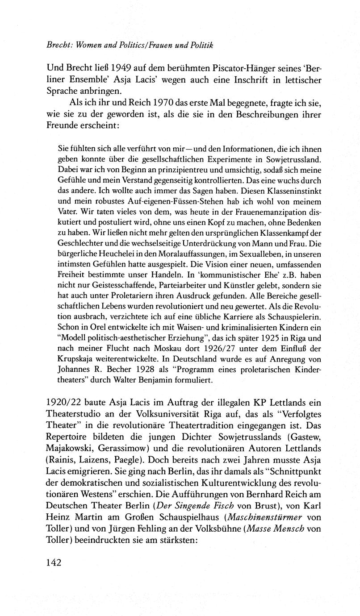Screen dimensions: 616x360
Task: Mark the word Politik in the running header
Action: [200, 45]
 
